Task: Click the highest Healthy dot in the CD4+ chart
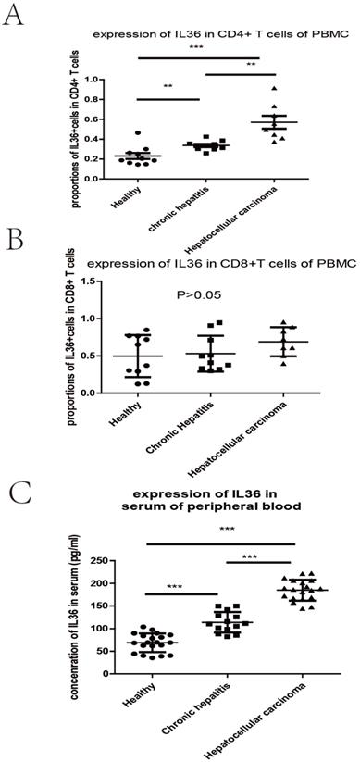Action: tap(138, 133)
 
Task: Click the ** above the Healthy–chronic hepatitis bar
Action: tap(168, 87)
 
